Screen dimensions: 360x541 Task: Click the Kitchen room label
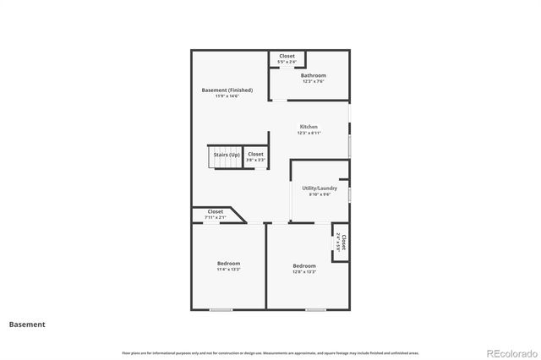click(309, 127)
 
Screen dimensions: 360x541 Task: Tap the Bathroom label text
click(313, 75)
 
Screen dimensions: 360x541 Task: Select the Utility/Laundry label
click(320, 188)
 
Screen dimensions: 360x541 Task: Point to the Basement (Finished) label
click(227, 90)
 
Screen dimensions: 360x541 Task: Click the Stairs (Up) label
click(226, 155)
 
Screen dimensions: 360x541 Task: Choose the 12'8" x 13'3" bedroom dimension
click(304, 272)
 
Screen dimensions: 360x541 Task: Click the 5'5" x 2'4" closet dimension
click(287, 63)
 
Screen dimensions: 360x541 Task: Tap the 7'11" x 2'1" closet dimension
click(215, 218)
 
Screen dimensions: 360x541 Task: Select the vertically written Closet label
click(343, 243)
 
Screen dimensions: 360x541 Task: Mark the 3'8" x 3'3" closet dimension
click(255, 161)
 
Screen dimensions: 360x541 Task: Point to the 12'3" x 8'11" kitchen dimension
click(309, 134)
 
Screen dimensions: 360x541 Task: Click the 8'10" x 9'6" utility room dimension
click(320, 194)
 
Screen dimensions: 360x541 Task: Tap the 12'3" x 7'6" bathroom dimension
click(313, 82)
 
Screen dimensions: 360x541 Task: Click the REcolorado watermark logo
click(510, 352)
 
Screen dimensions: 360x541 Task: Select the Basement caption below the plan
click(27, 325)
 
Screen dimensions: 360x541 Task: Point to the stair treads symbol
click(225, 164)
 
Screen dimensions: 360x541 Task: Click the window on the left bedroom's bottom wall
click(221, 309)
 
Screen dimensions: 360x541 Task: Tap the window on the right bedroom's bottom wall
click(315, 309)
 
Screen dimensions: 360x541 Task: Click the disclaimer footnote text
click(270, 352)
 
